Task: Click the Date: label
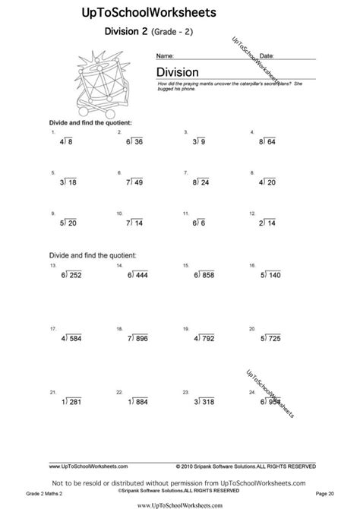[266, 56]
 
